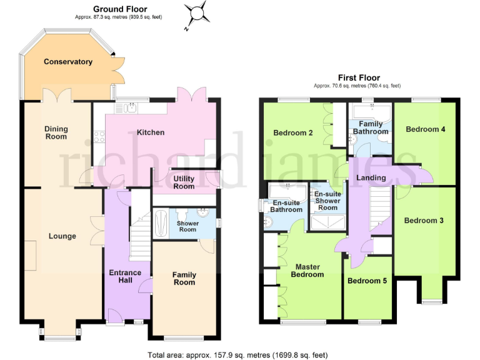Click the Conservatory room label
(68, 62)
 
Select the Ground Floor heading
(120, 9)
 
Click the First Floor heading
(357, 76)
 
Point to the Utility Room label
(184, 182)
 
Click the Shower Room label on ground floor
(187, 227)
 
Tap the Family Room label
(184, 279)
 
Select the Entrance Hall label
(125, 277)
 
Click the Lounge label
(62, 236)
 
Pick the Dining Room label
(56, 133)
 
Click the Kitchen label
(151, 132)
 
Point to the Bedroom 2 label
(293, 132)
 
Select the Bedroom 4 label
(426, 129)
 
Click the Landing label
(371, 178)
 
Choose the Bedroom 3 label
(424, 221)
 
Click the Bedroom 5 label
(367, 281)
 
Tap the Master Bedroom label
(309, 271)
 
